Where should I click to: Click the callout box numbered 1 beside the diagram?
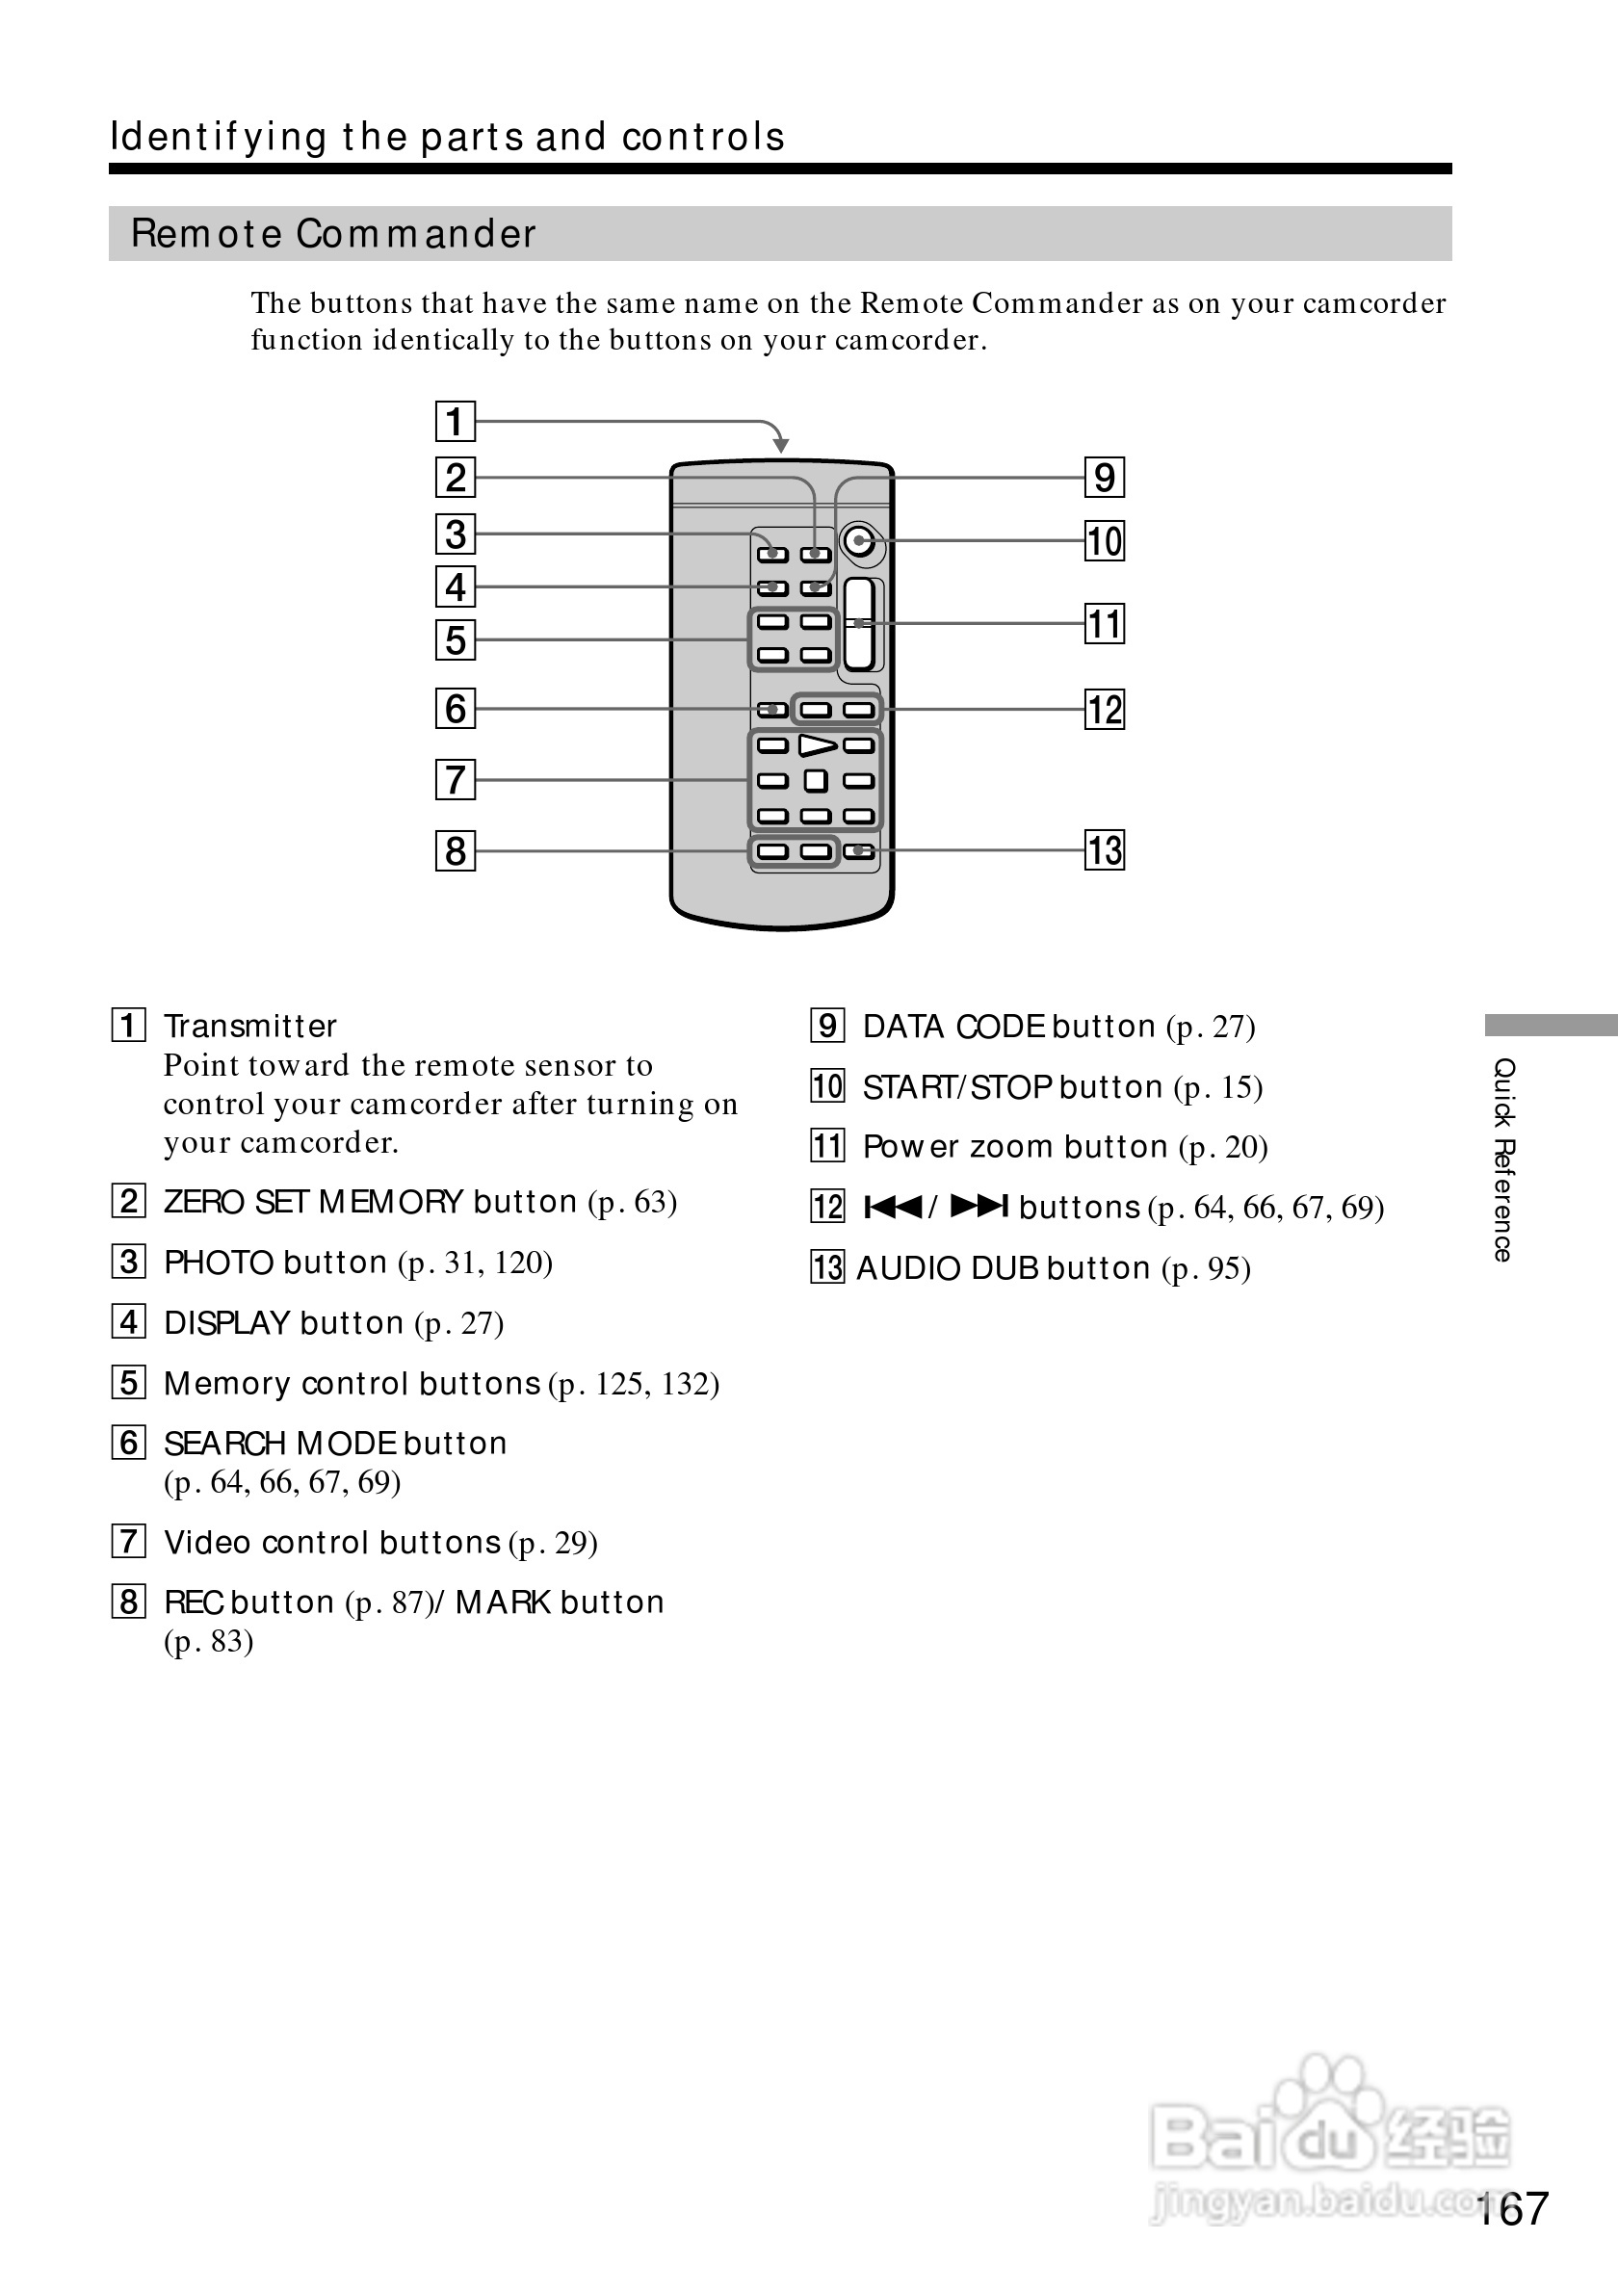456,421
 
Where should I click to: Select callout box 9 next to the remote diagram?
1104,477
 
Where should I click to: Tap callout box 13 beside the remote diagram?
1104,850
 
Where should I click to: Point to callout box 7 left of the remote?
456,780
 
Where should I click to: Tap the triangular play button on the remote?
817,745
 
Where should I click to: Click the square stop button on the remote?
816,781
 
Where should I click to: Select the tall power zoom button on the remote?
859,624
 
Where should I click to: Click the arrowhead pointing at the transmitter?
780,444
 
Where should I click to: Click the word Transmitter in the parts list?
249,1027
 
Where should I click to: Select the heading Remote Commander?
333,235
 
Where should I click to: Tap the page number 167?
1511,2209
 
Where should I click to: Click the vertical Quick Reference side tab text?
1503,1159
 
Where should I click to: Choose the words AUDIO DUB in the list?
948,1269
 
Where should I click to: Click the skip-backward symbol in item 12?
893,1207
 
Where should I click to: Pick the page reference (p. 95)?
1206,1269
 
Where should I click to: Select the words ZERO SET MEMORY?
313,1202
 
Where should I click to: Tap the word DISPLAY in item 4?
226,1324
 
